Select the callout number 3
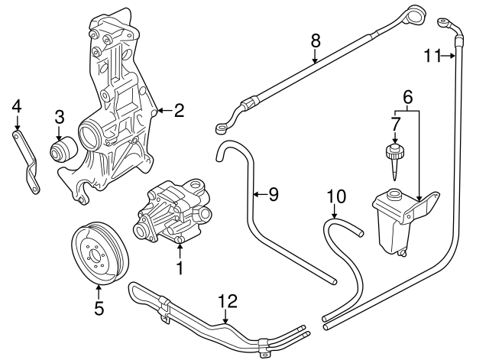60,117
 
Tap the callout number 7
395,122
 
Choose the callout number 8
315,40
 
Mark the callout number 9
273,194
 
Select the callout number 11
432,54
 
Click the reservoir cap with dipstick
394,157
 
